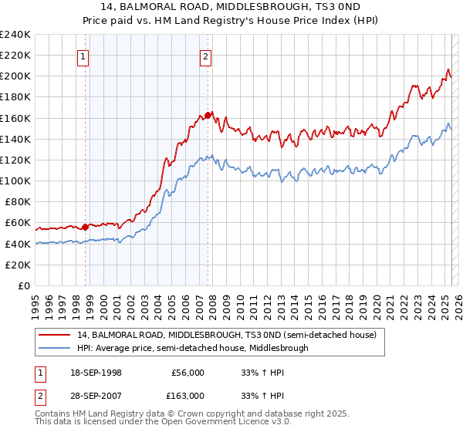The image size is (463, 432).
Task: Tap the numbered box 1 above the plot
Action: point(82,56)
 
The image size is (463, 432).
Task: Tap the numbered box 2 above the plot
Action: point(206,56)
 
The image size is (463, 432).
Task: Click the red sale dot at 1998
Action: point(85,227)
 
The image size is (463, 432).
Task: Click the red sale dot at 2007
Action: point(208,115)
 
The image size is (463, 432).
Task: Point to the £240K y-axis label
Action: point(15,35)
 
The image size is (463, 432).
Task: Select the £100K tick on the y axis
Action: point(15,181)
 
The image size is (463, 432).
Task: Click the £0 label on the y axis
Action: point(24,285)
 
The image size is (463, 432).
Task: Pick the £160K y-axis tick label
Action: point(15,118)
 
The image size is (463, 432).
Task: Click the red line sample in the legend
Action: point(55,335)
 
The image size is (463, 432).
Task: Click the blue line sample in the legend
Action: point(55,348)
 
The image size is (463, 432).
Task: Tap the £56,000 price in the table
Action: point(188,373)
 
